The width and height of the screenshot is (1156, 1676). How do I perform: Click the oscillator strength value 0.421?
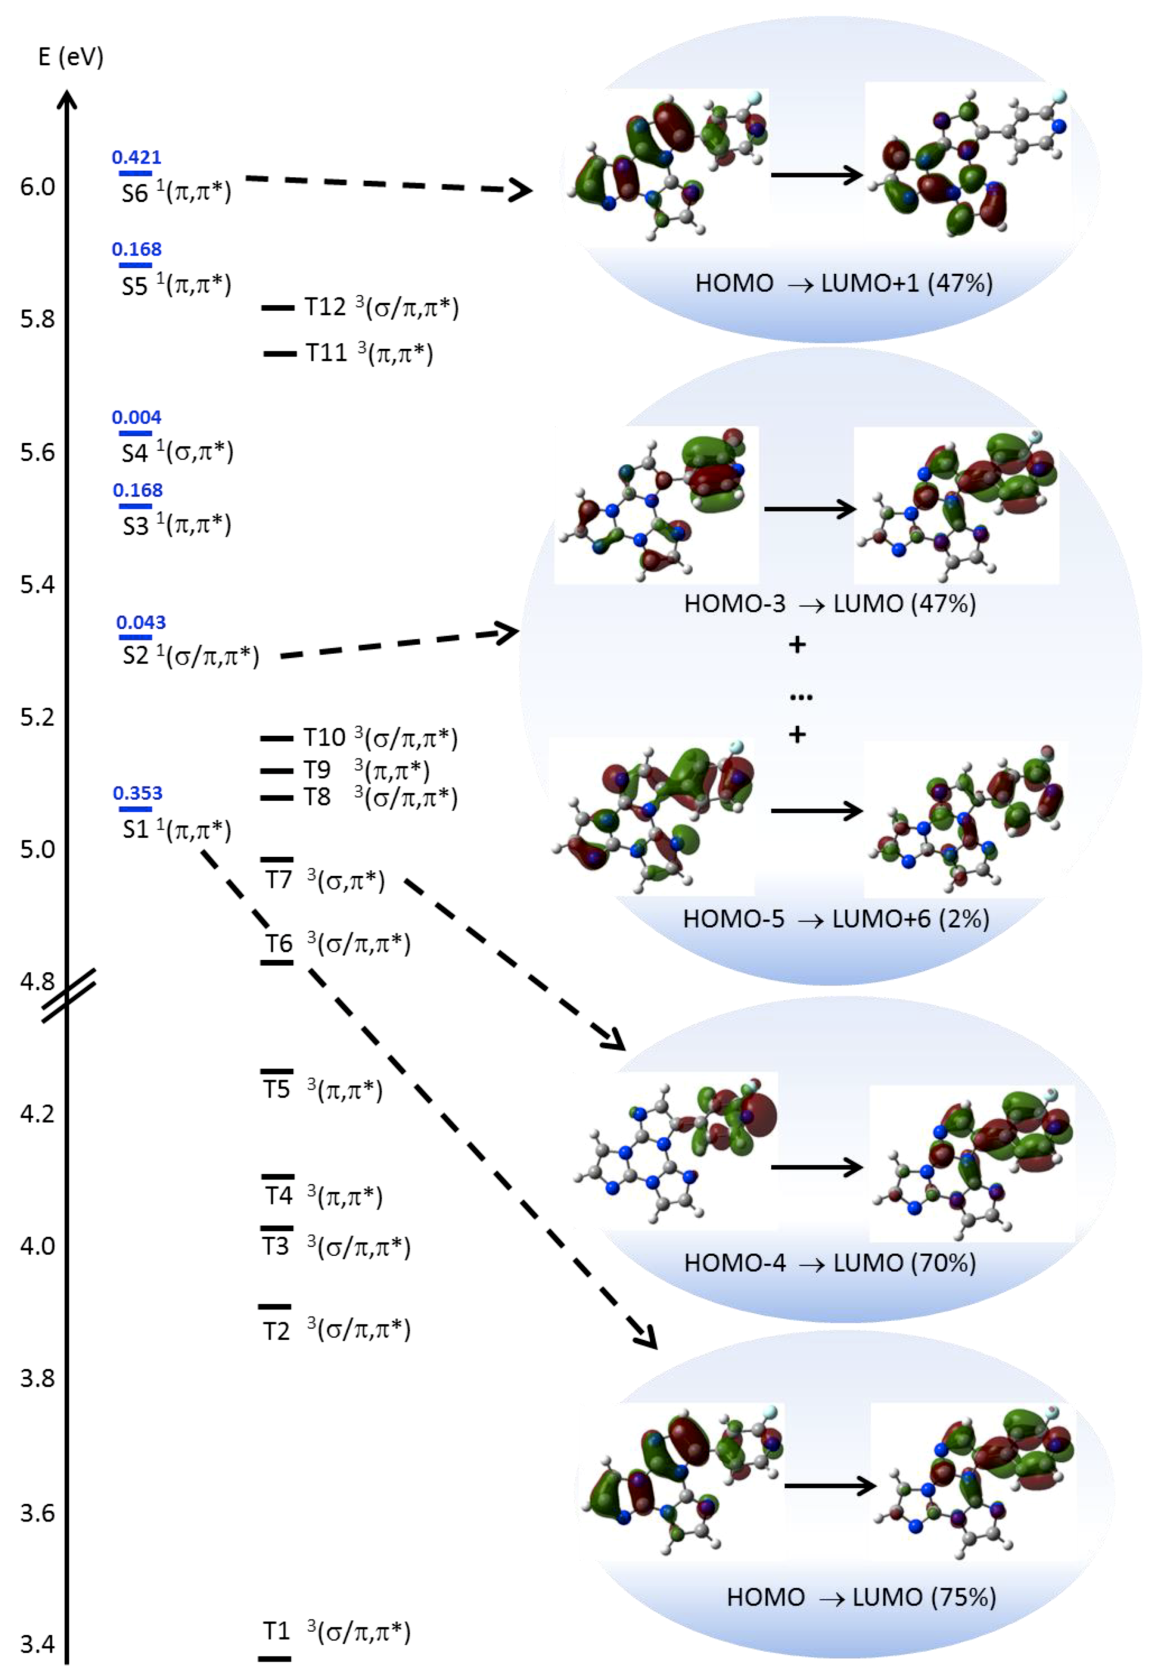click(136, 157)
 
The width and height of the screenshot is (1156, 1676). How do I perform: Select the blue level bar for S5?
click(136, 266)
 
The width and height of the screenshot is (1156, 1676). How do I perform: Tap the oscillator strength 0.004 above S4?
click(136, 417)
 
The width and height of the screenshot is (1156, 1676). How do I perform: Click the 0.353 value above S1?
click(138, 793)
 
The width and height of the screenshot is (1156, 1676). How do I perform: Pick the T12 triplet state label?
click(325, 307)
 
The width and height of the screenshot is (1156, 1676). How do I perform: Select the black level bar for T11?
click(280, 354)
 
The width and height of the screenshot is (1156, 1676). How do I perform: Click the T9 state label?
click(316, 770)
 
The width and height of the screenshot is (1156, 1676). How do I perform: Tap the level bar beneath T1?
click(275, 1658)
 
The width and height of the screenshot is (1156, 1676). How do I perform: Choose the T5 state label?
click(277, 1090)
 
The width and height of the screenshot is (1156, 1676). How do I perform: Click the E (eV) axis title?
click(70, 56)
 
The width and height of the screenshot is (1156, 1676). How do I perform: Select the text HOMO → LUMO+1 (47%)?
click(844, 283)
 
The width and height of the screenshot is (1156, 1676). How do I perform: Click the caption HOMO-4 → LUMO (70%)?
click(830, 1263)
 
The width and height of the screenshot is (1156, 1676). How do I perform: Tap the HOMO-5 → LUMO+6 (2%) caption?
click(836, 919)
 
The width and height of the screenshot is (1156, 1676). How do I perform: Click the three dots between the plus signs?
click(801, 697)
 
